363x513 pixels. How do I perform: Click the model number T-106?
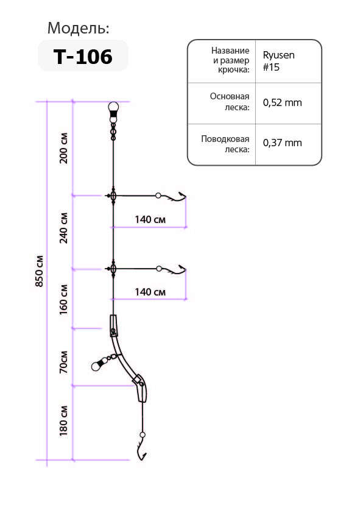[x=83, y=57]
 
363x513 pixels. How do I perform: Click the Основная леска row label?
[x=230, y=102]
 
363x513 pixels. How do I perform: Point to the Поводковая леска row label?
[x=225, y=144]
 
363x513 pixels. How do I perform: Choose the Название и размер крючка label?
[x=231, y=60]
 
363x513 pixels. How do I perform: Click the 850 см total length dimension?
[x=39, y=271]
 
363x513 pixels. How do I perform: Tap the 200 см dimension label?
[x=63, y=148]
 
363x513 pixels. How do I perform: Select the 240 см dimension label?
[x=63, y=228]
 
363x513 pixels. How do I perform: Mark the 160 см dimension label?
[x=63, y=300]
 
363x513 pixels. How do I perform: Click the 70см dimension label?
[x=63, y=362]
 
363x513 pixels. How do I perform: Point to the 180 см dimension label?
[x=63, y=421]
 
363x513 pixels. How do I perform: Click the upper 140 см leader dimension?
[x=150, y=219]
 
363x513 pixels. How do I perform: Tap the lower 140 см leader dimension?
[x=150, y=292]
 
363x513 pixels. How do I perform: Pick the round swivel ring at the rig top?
[x=113, y=107]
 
